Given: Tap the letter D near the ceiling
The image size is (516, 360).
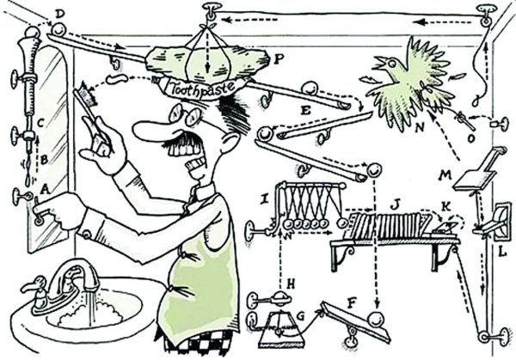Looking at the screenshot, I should [x=58, y=14].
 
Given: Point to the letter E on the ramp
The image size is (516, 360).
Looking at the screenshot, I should [x=305, y=110].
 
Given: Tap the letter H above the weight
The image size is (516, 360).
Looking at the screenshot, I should [x=291, y=281].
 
